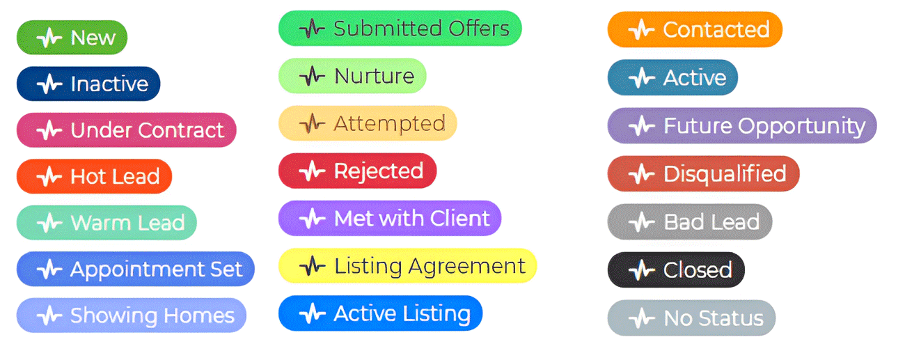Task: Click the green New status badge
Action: point(72,38)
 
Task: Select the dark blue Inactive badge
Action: point(88,84)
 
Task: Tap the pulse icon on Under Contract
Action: point(49,130)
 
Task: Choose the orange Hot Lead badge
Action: point(94,176)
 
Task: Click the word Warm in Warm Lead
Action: point(97,223)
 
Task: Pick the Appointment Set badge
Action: point(136,269)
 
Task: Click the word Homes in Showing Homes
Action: point(199,315)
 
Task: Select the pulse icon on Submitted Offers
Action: point(312,29)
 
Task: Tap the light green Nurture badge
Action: point(352,76)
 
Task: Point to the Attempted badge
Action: point(368,123)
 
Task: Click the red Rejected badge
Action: point(358,171)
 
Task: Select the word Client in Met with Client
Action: point(459,218)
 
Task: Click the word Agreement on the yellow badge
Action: point(466,267)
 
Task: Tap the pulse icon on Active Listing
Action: point(312,313)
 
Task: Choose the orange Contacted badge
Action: point(695,29)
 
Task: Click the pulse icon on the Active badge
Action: point(642,77)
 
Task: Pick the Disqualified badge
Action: point(703,174)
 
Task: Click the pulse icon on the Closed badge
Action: point(642,270)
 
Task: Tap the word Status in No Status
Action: point(731,318)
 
